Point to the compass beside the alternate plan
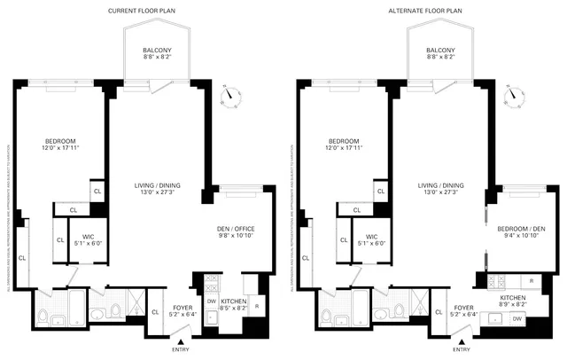click(514, 93)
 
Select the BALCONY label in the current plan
click(158, 50)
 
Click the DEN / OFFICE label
click(236, 230)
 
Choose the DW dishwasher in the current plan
click(211, 301)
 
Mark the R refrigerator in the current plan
click(257, 306)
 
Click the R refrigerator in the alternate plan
click(531, 280)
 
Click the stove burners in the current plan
click(211, 283)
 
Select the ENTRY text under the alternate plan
click(462, 350)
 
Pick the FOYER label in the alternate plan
click(463, 307)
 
